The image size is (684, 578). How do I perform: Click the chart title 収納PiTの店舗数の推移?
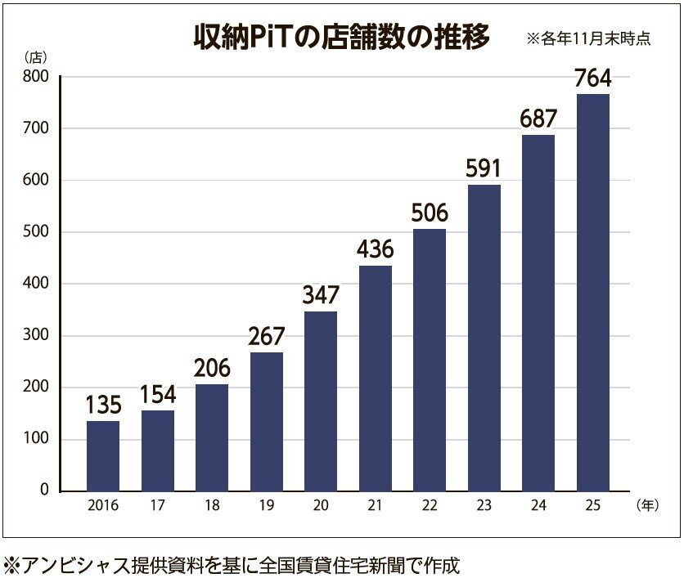click(341, 38)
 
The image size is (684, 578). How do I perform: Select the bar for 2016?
click(103, 455)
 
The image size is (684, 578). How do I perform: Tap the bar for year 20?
click(320, 401)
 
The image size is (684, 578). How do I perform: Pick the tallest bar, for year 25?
click(592, 292)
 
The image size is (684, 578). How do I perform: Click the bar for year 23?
click(484, 337)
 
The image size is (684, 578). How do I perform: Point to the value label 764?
click(592, 78)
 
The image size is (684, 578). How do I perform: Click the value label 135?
click(103, 405)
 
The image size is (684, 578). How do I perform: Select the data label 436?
click(375, 249)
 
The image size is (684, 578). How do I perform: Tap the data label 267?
click(266, 336)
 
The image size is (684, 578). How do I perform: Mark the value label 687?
click(538, 119)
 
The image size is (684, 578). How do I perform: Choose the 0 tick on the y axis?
click(44, 491)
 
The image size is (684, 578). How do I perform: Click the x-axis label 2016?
click(103, 506)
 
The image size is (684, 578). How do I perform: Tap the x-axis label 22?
click(429, 506)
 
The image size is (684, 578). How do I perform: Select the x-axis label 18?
click(212, 506)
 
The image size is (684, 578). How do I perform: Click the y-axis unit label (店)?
click(35, 57)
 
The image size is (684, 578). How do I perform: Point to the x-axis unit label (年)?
click(646, 506)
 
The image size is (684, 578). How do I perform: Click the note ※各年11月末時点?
click(588, 38)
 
